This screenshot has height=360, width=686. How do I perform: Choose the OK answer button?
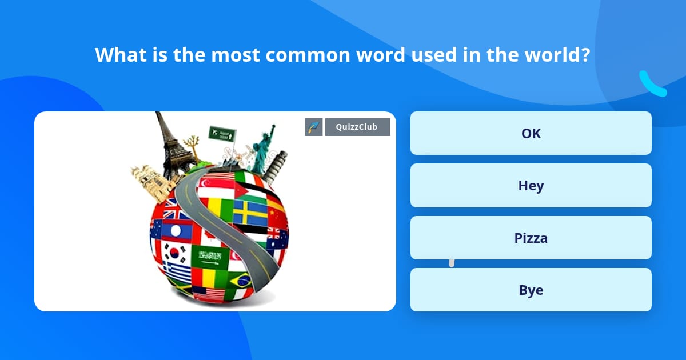click(x=531, y=133)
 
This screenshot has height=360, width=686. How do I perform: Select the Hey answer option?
click(x=531, y=186)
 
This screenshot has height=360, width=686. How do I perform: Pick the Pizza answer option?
click(x=531, y=238)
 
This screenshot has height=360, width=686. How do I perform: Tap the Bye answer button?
click(x=531, y=290)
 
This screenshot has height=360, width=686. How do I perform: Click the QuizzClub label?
click(x=357, y=127)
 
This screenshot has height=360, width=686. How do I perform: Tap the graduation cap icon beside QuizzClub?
click(x=314, y=127)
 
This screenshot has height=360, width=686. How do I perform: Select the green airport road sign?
click(x=222, y=134)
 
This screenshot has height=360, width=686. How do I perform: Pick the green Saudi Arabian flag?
click(x=209, y=257)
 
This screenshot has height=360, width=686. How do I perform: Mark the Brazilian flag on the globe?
click(x=241, y=280)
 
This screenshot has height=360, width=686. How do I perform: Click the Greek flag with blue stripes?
click(x=177, y=272)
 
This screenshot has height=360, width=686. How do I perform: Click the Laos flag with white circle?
click(x=177, y=230)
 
